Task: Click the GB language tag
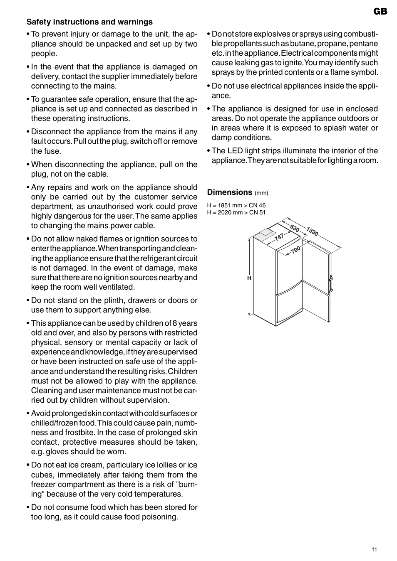tap(380, 12)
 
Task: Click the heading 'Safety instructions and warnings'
tap(89, 22)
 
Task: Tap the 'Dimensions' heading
tap(230, 192)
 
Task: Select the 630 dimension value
tap(295, 228)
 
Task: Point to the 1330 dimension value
tap(312, 231)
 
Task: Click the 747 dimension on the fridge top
tap(279, 237)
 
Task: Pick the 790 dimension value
tap(295, 250)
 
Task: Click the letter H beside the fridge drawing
tap(249, 278)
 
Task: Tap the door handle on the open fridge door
tap(331, 285)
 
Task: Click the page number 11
tap(374, 549)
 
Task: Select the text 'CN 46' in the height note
tap(257, 205)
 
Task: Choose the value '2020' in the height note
tap(225, 212)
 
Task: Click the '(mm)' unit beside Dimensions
tap(262, 193)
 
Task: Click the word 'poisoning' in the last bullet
tap(161, 517)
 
